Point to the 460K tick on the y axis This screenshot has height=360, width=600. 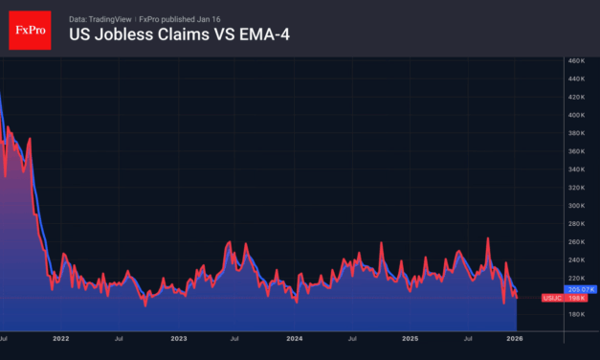pos(576,61)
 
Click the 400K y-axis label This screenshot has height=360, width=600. pos(576,115)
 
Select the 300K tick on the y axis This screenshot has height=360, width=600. pos(576,205)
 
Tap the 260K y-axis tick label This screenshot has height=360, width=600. pos(576,241)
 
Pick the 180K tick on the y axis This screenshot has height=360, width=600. pos(576,313)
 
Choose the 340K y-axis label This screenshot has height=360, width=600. pos(576,169)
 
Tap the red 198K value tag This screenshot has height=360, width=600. pos(579,298)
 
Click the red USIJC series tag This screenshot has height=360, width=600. pos(553,298)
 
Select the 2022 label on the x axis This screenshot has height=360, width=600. pos(61,338)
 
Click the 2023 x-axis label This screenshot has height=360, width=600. pos(178,338)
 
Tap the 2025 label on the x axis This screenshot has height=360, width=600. pos(411,338)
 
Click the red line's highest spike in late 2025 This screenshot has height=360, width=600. pos(488,238)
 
